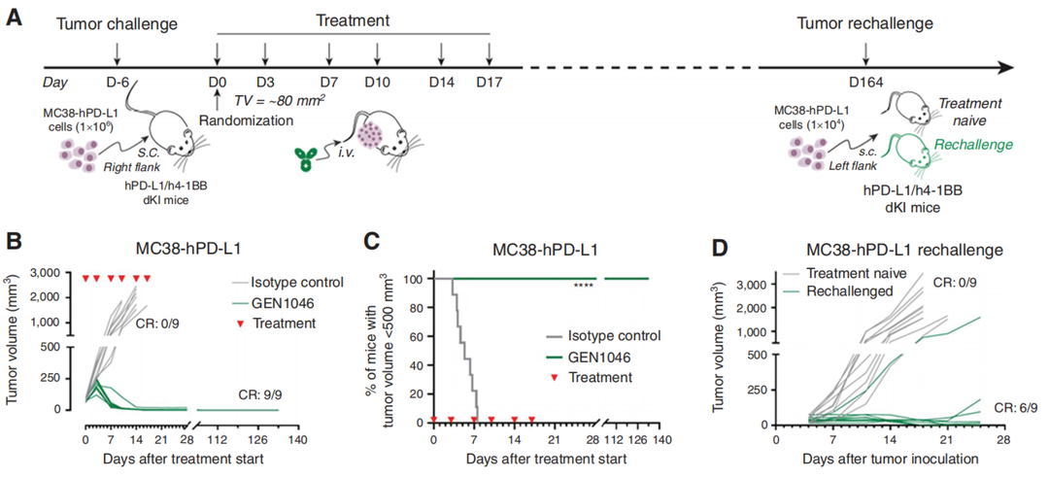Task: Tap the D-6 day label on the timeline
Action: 118,83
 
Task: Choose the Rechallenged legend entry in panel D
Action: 850,290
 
